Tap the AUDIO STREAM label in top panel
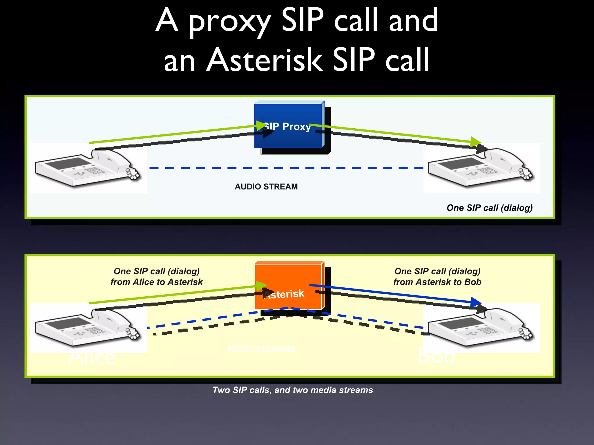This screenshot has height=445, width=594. (266, 187)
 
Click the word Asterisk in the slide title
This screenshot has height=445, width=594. (264, 60)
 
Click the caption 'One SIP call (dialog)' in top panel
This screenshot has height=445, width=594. (489, 208)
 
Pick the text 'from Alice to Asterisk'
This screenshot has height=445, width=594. (156, 282)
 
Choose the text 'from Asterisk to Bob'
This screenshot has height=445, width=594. (437, 282)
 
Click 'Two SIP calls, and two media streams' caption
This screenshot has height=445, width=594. (292, 390)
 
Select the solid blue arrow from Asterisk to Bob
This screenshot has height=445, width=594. (392, 293)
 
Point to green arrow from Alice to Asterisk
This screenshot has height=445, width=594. (174, 295)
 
